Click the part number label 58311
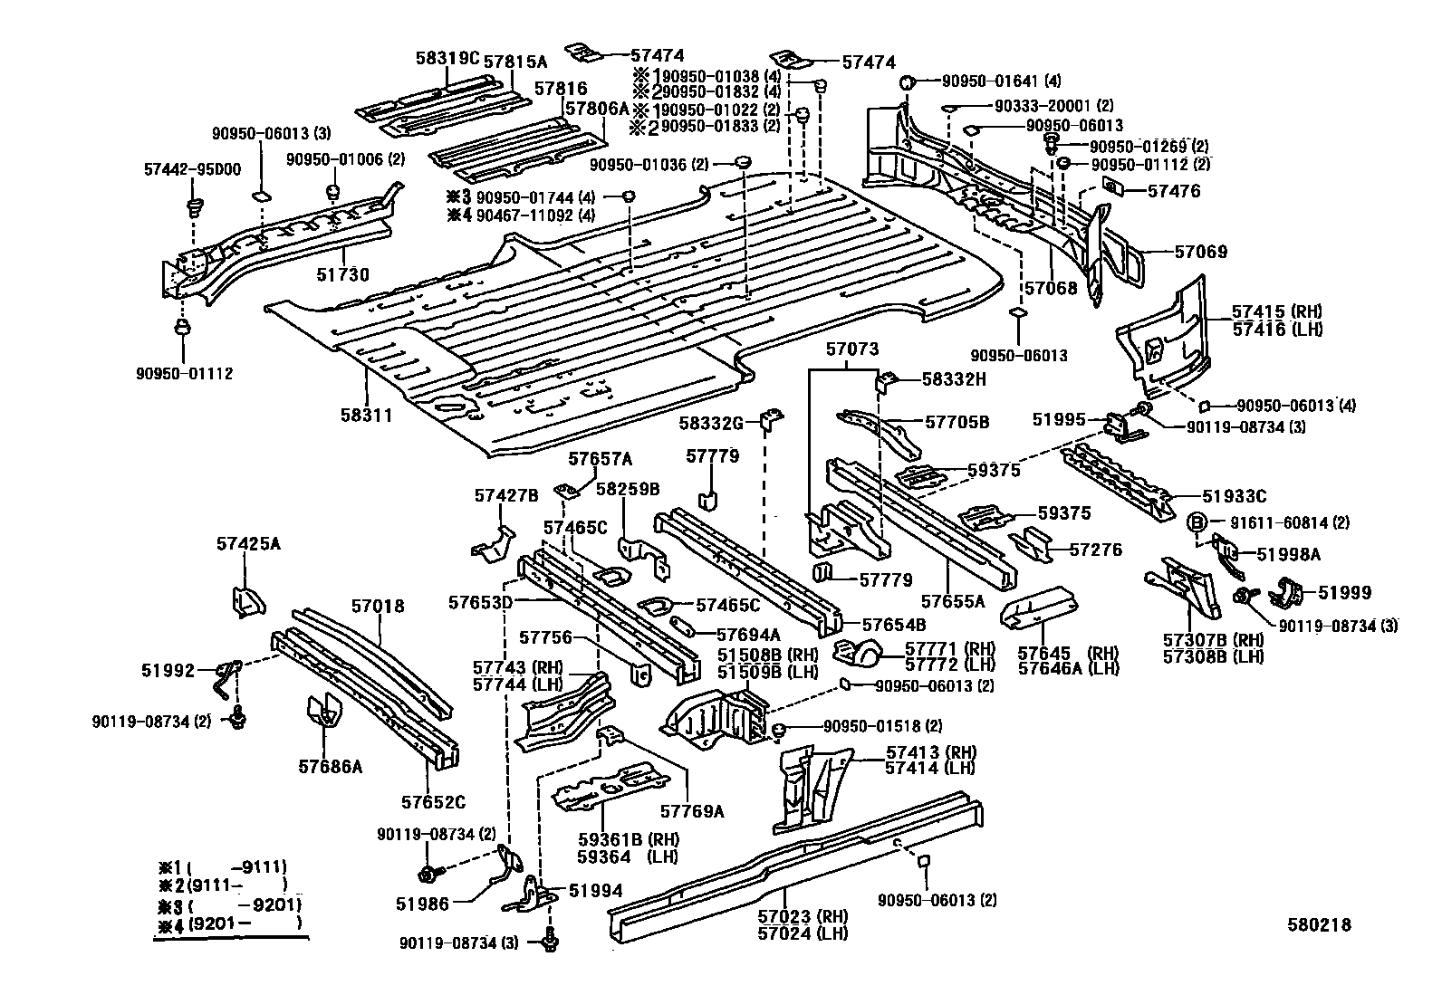click(x=367, y=416)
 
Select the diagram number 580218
click(x=1320, y=924)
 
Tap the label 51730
click(x=341, y=274)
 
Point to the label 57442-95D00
click(x=192, y=169)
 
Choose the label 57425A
click(x=248, y=544)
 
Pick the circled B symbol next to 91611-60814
click(x=1196, y=521)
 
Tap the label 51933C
click(x=1234, y=496)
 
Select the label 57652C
click(x=433, y=801)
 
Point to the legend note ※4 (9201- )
click(x=228, y=923)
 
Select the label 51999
click(x=1344, y=592)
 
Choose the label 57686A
click(x=331, y=767)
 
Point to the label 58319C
click(x=447, y=58)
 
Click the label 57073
click(x=852, y=349)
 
